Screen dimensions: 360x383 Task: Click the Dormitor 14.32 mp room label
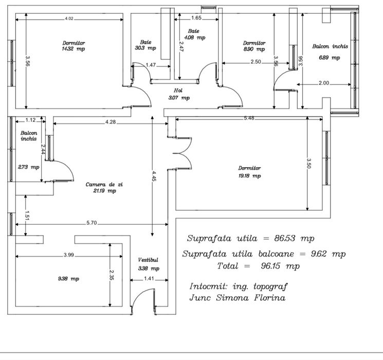tap(74, 46)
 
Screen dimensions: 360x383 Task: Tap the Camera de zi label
tap(104, 187)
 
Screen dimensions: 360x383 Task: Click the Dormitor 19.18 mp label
tap(249, 172)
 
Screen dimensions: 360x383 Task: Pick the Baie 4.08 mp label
tap(193, 34)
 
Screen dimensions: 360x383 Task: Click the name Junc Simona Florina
tap(238, 298)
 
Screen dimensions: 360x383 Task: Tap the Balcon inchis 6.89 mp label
tap(330, 51)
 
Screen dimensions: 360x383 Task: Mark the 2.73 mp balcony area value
tap(28, 167)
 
